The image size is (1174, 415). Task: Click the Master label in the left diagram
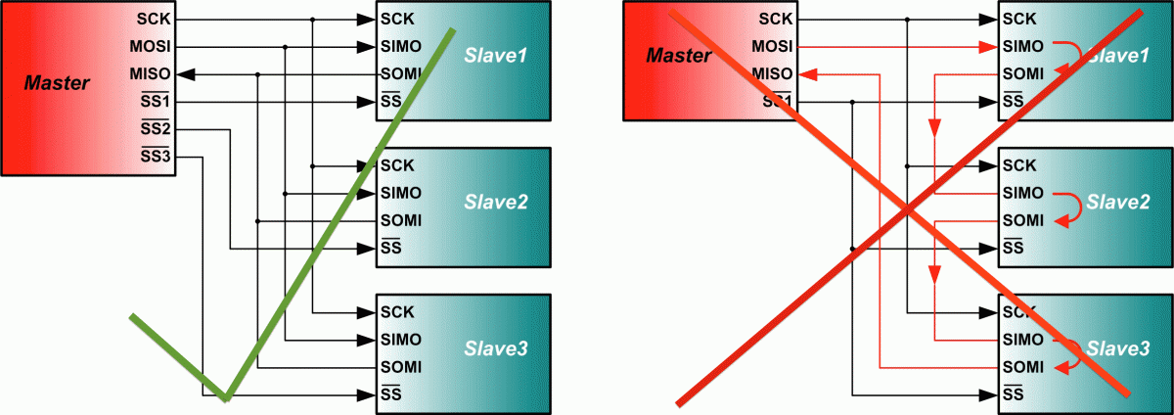pyautogui.click(x=57, y=83)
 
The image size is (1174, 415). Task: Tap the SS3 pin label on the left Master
pyautogui.click(x=156, y=156)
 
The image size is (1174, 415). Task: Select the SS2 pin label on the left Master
pyautogui.click(x=156, y=129)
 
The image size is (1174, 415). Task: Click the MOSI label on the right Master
pyautogui.click(x=772, y=46)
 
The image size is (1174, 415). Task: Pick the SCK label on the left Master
pyautogui.click(x=157, y=19)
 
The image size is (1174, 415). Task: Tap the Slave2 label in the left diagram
pyautogui.click(x=496, y=203)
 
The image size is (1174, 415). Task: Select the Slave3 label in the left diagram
pyautogui.click(x=496, y=348)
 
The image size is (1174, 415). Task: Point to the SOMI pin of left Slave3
pyautogui.click(x=401, y=367)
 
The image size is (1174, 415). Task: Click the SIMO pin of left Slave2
pyautogui.click(x=401, y=193)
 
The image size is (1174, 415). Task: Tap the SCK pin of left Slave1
pyautogui.click(x=397, y=19)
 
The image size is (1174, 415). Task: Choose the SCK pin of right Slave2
pyautogui.click(x=1018, y=165)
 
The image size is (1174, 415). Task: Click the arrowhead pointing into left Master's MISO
pyautogui.click(x=186, y=74)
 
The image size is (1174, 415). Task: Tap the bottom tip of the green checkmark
pyautogui.click(x=225, y=398)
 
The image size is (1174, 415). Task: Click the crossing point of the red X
pyautogui.click(x=907, y=208)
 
